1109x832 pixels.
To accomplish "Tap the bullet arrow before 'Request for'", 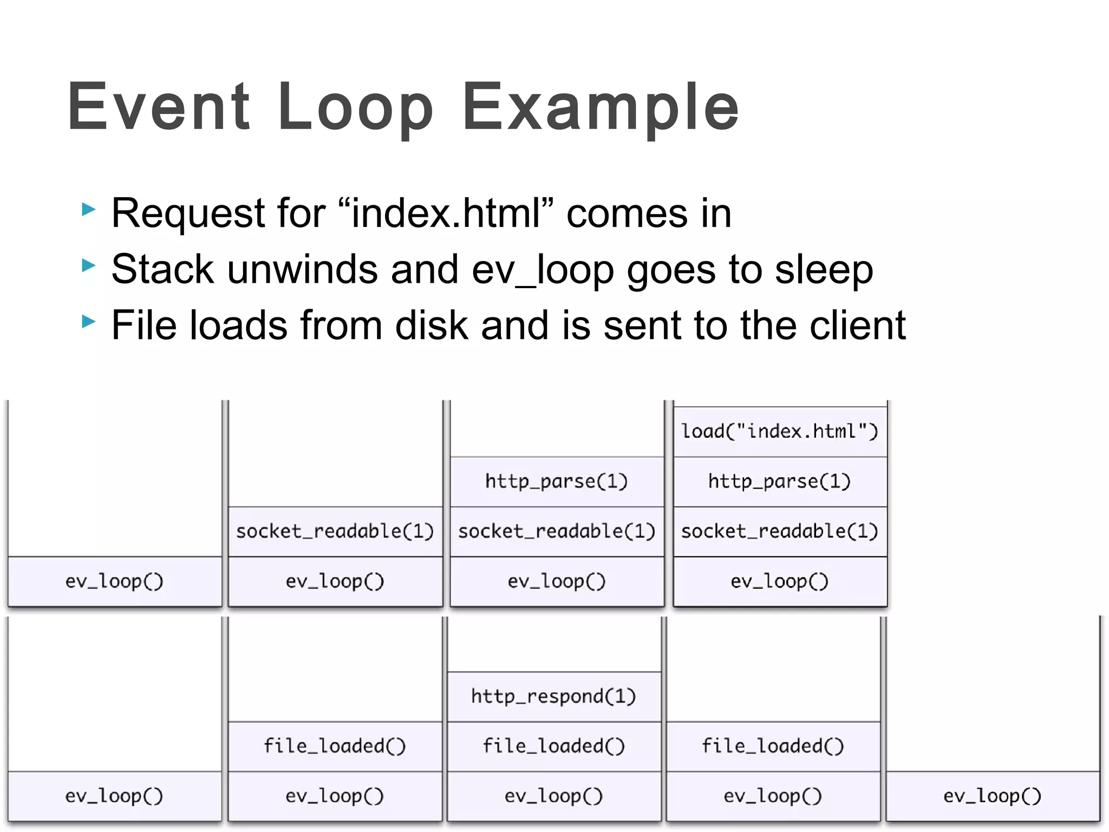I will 88,209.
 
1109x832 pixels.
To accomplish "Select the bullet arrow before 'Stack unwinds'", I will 88,265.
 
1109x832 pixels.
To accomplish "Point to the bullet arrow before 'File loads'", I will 88,322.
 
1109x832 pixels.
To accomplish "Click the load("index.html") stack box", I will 780,432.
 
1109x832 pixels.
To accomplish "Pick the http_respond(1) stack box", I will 554,697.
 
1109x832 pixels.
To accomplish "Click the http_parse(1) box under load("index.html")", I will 780,482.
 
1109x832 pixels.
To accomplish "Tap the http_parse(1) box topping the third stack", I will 557,482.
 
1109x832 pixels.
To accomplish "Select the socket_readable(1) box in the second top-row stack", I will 335,531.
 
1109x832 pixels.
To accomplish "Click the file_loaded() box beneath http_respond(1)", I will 554,746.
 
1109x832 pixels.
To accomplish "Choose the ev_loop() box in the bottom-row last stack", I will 992,796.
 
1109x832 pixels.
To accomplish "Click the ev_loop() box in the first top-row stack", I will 114,582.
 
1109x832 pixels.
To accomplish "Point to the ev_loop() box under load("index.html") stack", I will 780,582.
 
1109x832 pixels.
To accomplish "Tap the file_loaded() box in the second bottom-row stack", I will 335,746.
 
